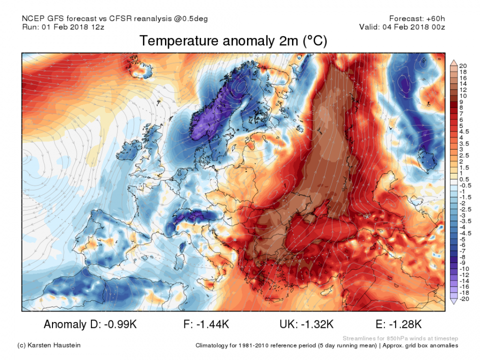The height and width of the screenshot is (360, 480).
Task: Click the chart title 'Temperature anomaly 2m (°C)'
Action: click(x=233, y=41)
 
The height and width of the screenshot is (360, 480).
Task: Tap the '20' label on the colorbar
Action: click(x=462, y=65)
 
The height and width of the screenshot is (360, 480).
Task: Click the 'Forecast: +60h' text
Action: click(x=416, y=18)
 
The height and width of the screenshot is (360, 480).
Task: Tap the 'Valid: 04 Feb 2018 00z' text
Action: click(x=402, y=27)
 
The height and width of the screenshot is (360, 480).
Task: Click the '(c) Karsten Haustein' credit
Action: click(x=49, y=345)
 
